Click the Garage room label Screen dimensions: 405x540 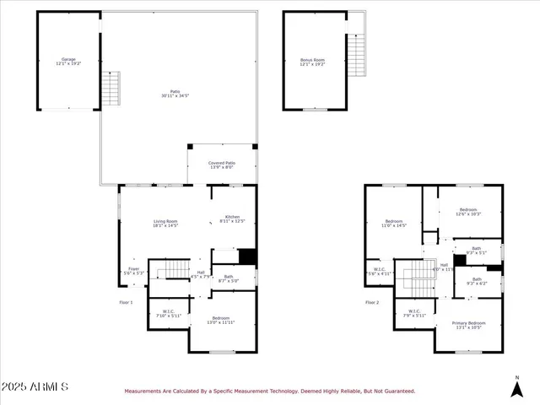[x=68, y=62]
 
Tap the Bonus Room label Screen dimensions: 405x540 [x=312, y=62]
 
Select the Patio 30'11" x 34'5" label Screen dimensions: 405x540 [x=175, y=94]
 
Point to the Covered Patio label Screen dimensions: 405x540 [x=223, y=165]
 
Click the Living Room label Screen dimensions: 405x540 [x=165, y=224]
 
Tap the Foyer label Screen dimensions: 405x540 [x=134, y=271]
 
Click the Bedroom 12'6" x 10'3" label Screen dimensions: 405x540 [x=468, y=212]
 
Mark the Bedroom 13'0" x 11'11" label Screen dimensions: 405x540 [x=221, y=320]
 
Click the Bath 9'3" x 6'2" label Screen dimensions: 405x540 [x=477, y=281]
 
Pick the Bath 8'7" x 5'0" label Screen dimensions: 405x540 [x=229, y=278]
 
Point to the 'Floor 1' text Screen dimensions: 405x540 [x=126, y=301]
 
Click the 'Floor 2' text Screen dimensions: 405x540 [x=372, y=301]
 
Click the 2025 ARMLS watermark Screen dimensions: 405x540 [x=35, y=386]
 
